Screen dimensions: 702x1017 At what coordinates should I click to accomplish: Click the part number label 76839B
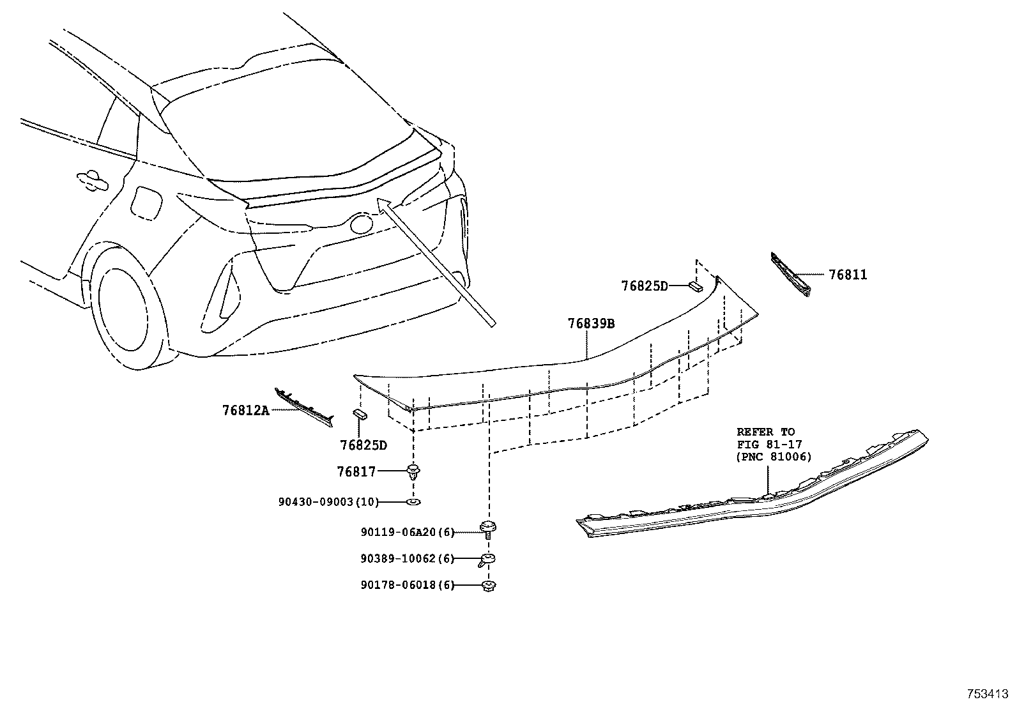click(591, 324)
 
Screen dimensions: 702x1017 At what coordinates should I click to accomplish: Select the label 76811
click(848, 275)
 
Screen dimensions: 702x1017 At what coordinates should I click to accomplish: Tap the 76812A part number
click(246, 411)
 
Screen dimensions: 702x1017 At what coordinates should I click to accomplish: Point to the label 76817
click(356, 472)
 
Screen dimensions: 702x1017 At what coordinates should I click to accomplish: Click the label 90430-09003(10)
click(328, 502)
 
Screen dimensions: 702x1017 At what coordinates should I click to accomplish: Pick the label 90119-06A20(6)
click(406, 532)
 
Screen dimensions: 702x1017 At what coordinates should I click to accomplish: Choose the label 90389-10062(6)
click(406, 559)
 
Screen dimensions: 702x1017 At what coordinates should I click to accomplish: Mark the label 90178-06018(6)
click(406, 585)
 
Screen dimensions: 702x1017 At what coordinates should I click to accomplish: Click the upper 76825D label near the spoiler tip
click(644, 286)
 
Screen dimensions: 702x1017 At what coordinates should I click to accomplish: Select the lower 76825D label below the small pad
click(363, 445)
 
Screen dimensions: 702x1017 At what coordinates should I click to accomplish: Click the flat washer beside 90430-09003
click(413, 502)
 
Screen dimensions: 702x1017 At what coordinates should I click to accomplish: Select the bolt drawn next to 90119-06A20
click(489, 529)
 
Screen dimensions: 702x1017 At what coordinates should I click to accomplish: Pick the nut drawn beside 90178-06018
click(489, 585)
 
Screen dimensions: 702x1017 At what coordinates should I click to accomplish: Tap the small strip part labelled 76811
click(791, 274)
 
